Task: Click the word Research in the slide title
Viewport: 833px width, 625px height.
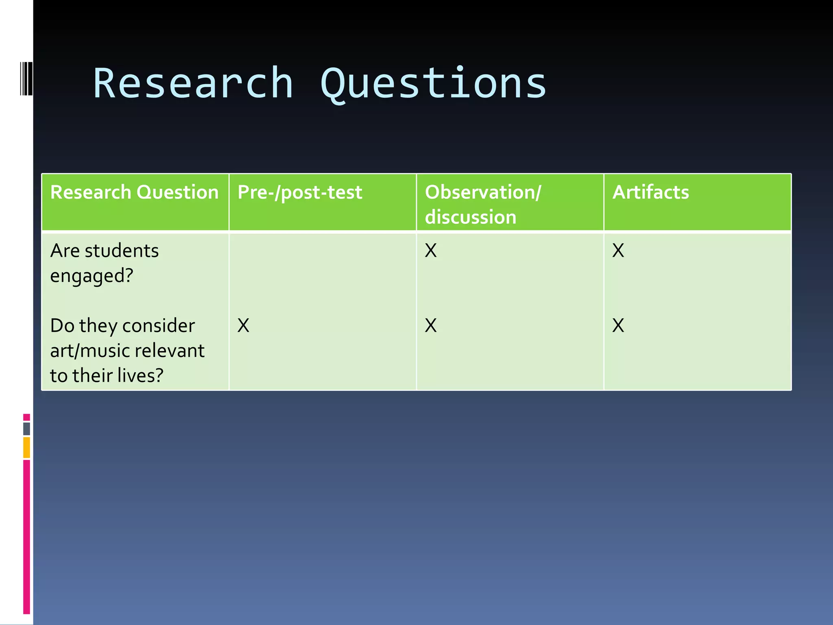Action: (x=193, y=83)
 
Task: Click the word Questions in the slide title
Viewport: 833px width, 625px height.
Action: (x=434, y=83)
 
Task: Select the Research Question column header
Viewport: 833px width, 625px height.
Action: (x=134, y=192)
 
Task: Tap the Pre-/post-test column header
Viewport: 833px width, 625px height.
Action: (x=300, y=192)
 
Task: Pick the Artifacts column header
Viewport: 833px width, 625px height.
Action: (x=651, y=192)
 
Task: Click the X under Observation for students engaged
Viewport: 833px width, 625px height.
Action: (x=431, y=251)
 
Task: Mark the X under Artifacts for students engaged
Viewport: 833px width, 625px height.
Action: (x=618, y=251)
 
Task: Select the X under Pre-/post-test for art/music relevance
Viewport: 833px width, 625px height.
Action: (x=243, y=326)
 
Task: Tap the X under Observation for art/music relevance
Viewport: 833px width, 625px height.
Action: (x=431, y=326)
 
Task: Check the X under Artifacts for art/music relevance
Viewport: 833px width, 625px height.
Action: (x=618, y=326)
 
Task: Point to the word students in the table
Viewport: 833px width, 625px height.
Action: (x=122, y=251)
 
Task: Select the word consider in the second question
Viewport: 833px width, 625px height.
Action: (x=158, y=326)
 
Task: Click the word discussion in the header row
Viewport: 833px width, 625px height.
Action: (x=471, y=217)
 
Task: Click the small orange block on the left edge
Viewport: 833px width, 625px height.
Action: (x=26, y=447)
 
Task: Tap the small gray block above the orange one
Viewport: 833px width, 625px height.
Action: (x=26, y=428)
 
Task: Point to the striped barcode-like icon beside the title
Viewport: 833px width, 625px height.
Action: (x=26, y=79)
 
